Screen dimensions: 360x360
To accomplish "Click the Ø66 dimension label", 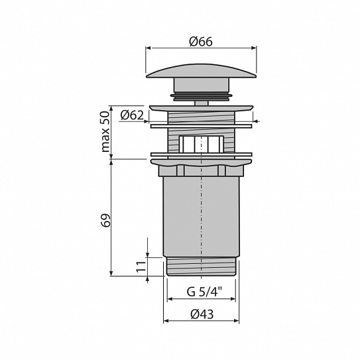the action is [x=201, y=42].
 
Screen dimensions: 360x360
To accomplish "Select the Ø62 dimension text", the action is [x=132, y=115].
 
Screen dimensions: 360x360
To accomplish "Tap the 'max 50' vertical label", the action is [x=105, y=131].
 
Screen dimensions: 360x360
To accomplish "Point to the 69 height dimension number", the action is [x=105, y=221].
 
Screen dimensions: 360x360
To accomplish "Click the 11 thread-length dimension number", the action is [x=141, y=267].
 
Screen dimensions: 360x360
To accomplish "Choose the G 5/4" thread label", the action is [x=205, y=292].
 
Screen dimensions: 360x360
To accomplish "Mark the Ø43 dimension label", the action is [x=202, y=314].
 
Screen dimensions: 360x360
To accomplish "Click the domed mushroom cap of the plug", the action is [x=201, y=71].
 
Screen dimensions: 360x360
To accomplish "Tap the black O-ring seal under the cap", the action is [x=201, y=97].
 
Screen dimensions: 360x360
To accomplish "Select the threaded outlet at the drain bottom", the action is [x=201, y=267].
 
